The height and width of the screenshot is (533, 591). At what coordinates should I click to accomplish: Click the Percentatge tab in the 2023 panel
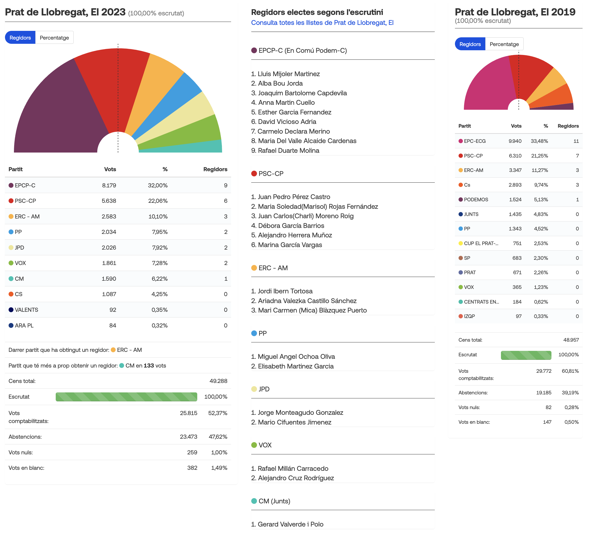[54, 38]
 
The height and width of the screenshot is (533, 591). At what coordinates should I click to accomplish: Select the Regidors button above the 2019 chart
[470, 44]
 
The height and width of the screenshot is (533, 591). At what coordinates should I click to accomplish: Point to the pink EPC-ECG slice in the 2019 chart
[489, 85]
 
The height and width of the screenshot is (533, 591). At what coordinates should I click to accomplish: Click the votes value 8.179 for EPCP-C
[109, 185]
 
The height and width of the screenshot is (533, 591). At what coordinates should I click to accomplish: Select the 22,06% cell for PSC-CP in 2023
[158, 201]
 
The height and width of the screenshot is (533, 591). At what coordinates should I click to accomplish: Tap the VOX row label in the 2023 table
[20, 263]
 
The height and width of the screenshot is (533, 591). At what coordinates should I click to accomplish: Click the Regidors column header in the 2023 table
[215, 169]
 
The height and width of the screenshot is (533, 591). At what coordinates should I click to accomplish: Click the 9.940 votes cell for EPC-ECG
[515, 141]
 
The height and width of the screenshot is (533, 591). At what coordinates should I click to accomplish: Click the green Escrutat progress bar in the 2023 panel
[126, 397]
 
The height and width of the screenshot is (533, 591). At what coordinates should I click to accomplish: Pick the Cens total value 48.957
[571, 340]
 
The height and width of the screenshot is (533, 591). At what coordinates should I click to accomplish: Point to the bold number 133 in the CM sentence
[149, 366]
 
